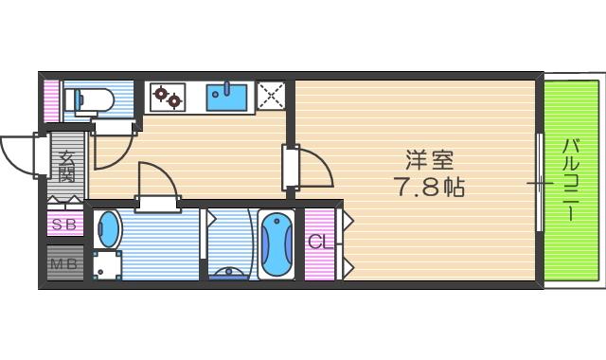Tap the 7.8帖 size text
[429, 187]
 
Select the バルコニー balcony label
[571, 179]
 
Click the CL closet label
[319, 242]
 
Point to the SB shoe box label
[64, 225]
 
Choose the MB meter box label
[64, 263]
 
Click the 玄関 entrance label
[66, 168]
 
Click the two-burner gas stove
[169, 95]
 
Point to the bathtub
[276, 244]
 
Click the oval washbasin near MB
[110, 230]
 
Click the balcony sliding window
[541, 183]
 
